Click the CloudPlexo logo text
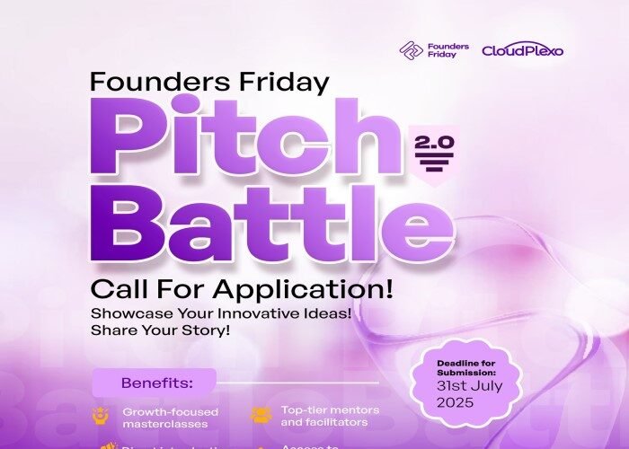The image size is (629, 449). click(523, 50)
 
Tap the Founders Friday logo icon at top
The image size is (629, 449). click(412, 50)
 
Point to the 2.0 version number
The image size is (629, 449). click(434, 141)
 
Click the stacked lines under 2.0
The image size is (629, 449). click(434, 164)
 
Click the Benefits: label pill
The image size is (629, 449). click(154, 381)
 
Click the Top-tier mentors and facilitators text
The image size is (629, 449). click(330, 416)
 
